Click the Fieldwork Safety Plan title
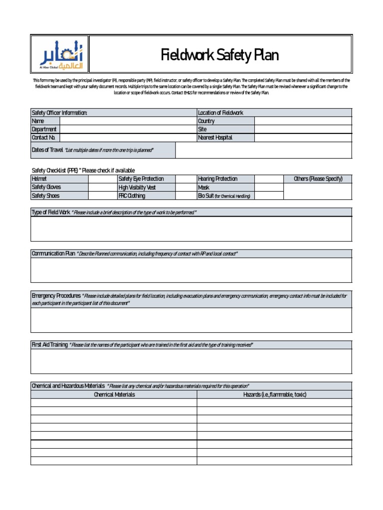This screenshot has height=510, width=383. coord(219,55)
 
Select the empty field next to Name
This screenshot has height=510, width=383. coord(128,121)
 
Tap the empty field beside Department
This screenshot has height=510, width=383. coord(128,129)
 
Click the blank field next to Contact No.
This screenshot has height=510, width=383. coord(128,138)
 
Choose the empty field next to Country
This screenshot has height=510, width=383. coord(303,121)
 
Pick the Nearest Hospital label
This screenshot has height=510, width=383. coord(215,138)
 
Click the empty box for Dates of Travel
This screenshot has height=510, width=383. coord(263,150)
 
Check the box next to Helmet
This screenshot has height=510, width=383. coord(103,179)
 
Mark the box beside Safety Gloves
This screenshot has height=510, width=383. coord(103,187)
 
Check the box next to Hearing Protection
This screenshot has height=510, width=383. coord(269,179)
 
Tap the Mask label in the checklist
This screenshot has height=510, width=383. coord(203,187)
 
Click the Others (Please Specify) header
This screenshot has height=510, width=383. coord(318,179)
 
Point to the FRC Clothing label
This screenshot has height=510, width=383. coord(132,196)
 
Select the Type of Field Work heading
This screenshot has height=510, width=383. coord(51,213)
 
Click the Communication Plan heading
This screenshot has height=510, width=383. coord(53,254)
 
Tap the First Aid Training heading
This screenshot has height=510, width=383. coord(49,345)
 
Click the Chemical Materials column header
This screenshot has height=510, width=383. coord(114,394)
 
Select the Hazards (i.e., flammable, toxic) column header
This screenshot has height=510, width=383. coord(274,394)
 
